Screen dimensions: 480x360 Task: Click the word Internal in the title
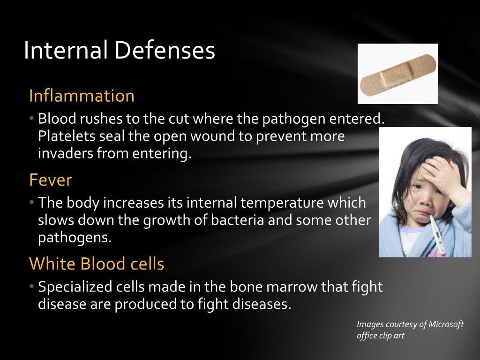tap(66, 50)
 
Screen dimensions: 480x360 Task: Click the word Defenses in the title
tap(165, 50)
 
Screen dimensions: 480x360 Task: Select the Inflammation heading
tap(82, 96)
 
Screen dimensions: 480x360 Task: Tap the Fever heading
tap(51, 180)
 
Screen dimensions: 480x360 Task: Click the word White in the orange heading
tap(52, 263)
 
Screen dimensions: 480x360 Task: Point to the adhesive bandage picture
tap(398, 74)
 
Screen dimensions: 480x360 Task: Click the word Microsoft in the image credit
tap(446, 324)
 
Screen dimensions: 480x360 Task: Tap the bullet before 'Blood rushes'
tap(31, 118)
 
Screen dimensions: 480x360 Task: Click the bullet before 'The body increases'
tap(31, 202)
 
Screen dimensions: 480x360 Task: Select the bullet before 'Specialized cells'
tap(31, 286)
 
